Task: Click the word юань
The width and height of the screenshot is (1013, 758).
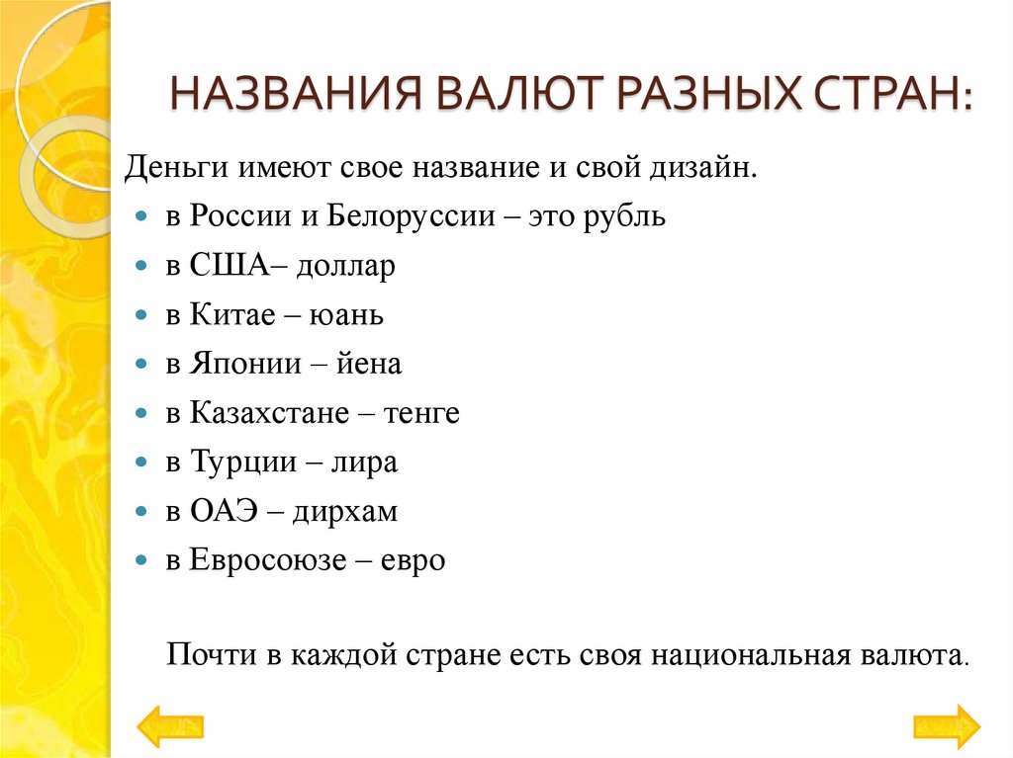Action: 347,316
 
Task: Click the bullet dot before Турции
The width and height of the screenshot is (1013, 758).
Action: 143,463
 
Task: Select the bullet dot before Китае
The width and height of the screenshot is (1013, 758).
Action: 143,316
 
